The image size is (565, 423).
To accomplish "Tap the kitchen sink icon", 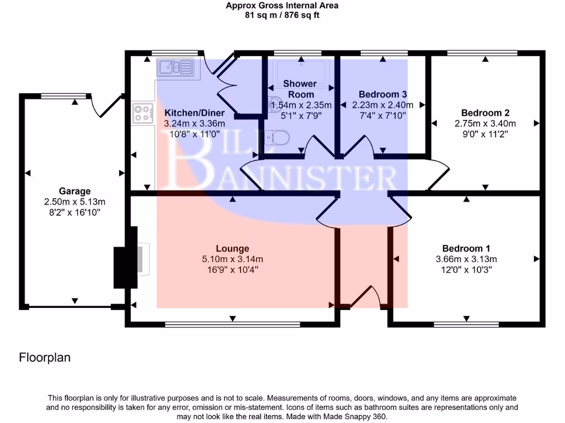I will point(175,68).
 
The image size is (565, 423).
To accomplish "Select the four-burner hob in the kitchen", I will point(142,113).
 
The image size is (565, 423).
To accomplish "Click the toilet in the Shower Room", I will point(276,138).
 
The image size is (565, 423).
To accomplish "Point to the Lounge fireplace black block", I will point(125,267).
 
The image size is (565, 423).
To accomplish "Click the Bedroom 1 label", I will point(466,248).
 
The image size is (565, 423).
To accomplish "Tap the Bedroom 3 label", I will point(382,94).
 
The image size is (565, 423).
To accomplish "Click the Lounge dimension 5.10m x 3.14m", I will point(233,259).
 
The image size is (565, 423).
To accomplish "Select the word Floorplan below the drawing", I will point(45,357).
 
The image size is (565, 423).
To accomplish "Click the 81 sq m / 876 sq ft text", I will point(282,15).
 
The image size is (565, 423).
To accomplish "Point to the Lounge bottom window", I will point(232,325).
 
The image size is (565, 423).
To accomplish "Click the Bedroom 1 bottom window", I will point(466,325).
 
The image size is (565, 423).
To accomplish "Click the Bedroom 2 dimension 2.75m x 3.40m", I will point(484,123).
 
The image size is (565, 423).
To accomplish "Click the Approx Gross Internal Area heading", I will point(282,6).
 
